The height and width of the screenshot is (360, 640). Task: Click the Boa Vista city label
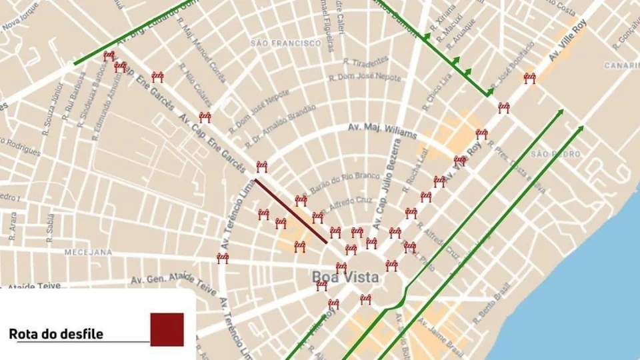[346, 277]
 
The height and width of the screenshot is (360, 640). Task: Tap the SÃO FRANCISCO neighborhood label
[286, 43]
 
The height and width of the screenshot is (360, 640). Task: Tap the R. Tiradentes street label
[365, 61]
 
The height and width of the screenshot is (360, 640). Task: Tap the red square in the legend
[167, 329]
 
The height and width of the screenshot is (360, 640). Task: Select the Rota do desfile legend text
[56, 334]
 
